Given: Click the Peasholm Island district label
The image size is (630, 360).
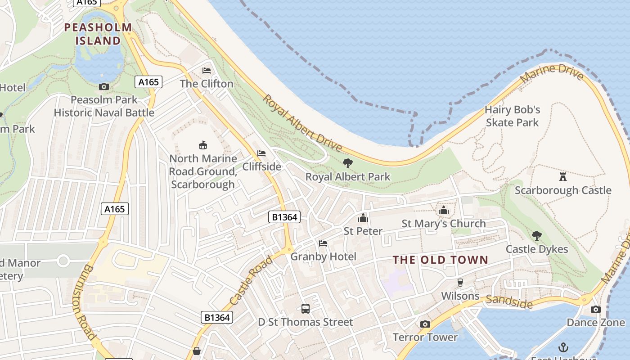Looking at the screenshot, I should coord(98,34).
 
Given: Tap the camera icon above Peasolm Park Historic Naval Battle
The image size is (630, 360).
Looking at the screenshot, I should coord(104,86).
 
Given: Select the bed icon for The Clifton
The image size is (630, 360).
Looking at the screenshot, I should coord(207,71).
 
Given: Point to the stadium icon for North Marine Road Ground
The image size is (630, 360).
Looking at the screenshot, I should coord(203,145).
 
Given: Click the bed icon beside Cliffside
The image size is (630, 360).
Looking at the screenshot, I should coord(261,153).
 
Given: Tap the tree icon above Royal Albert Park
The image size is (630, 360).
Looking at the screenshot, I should coord(348,163).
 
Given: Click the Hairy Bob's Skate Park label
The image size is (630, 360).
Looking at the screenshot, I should coord(512,116).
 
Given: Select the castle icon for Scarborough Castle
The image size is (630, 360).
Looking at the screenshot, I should coord(562,176).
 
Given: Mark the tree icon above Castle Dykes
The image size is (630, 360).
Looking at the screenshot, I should coord(536,235).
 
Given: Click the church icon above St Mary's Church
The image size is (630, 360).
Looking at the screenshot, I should coord(444,210).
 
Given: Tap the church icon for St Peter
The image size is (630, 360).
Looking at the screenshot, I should coord(363,218).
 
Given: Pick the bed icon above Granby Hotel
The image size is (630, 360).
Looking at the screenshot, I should coord(323,243).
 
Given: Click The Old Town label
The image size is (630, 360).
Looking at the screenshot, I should coord(440,260).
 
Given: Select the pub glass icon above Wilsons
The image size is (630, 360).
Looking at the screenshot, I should coord(460,283).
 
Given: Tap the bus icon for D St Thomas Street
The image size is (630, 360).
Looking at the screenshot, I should coord(306,309).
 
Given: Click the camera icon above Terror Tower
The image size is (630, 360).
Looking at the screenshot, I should coord(425,324).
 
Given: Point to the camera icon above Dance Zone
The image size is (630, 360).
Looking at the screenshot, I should coord(595,309).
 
